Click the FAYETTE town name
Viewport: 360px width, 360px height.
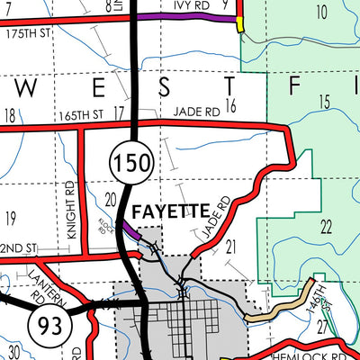pyautogui.click(x=170, y=213)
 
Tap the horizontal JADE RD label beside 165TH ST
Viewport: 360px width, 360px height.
pyautogui.click(x=197, y=112)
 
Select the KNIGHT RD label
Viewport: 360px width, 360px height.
pyautogui.click(x=70, y=208)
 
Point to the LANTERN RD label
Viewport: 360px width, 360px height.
pyautogui.click(x=39, y=284)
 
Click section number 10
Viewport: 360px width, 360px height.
pyautogui.click(x=321, y=12)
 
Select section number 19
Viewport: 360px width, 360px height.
pyautogui.click(x=11, y=218)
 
